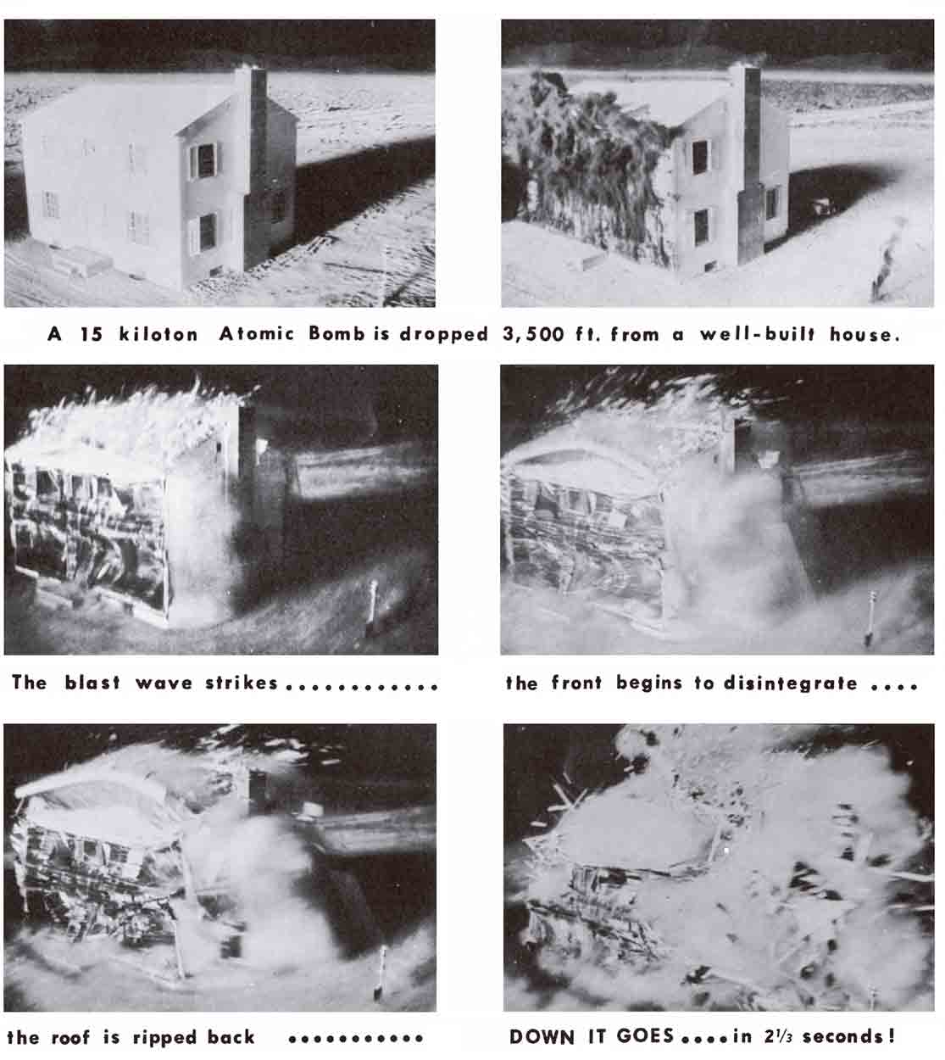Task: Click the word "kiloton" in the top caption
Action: [x=158, y=334]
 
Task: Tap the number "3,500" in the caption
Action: [x=533, y=334]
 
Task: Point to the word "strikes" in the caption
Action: [x=241, y=683]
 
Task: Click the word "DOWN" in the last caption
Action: [x=542, y=1036]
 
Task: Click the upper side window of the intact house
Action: [x=205, y=160]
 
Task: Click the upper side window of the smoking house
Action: [x=700, y=157]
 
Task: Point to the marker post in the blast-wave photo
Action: [x=372, y=606]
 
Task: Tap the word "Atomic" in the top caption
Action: [x=257, y=333]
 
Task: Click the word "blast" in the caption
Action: [x=92, y=683]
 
